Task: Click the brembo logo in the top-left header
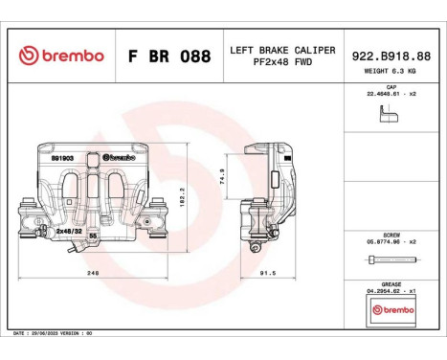60,56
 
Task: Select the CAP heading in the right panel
391,86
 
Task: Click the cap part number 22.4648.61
391,94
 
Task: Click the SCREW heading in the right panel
391,235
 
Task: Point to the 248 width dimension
92,273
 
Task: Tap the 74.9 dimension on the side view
223,177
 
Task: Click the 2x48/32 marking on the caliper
67,232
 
